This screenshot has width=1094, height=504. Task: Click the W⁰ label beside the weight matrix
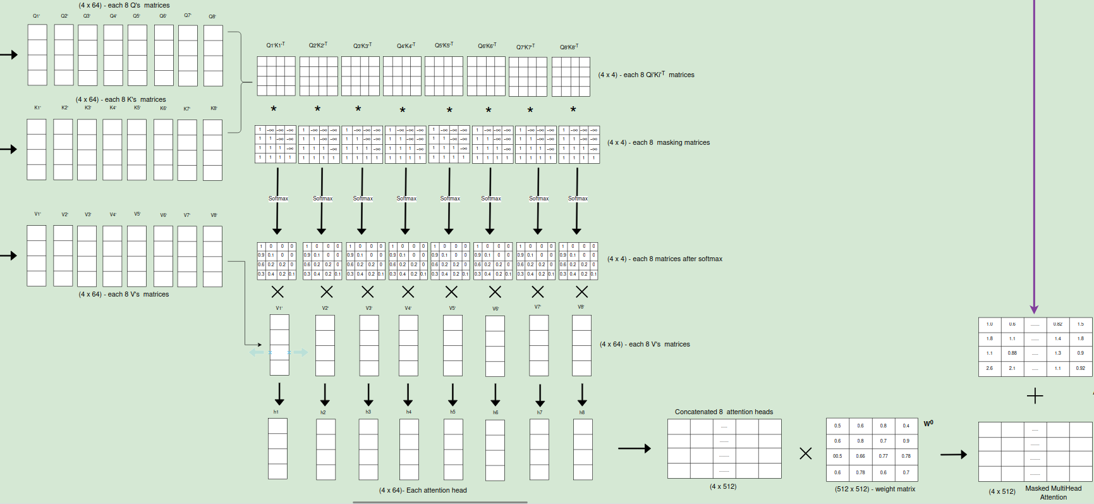[x=928, y=424]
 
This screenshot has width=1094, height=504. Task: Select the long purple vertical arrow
[x=1034, y=158]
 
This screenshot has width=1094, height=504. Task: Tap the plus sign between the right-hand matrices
[x=1035, y=396]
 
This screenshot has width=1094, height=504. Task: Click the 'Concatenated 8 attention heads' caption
[x=724, y=412]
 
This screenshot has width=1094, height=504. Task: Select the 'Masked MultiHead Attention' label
[x=1053, y=493]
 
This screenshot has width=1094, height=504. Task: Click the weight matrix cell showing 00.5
[x=837, y=456]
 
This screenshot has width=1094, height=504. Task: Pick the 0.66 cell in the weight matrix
[x=860, y=456]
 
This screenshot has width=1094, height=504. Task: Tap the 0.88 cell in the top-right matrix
[x=1012, y=353]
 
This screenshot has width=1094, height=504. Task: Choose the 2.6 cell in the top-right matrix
[x=989, y=368]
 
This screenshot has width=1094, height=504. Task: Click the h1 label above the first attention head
[x=276, y=412]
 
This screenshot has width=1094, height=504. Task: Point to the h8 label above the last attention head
[x=582, y=412]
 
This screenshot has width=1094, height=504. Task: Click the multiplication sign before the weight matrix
[x=805, y=453]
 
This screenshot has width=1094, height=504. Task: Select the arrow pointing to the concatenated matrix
[x=634, y=448]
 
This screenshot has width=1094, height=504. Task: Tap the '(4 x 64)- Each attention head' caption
[x=423, y=490]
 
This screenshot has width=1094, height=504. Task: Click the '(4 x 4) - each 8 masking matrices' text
[x=658, y=142]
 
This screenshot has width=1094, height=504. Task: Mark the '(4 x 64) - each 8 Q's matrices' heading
[x=124, y=5]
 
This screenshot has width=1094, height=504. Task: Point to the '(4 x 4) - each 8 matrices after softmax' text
[x=664, y=259]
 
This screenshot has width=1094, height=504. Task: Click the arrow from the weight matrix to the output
[x=953, y=454]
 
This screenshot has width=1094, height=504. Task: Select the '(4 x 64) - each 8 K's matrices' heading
[x=121, y=99]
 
